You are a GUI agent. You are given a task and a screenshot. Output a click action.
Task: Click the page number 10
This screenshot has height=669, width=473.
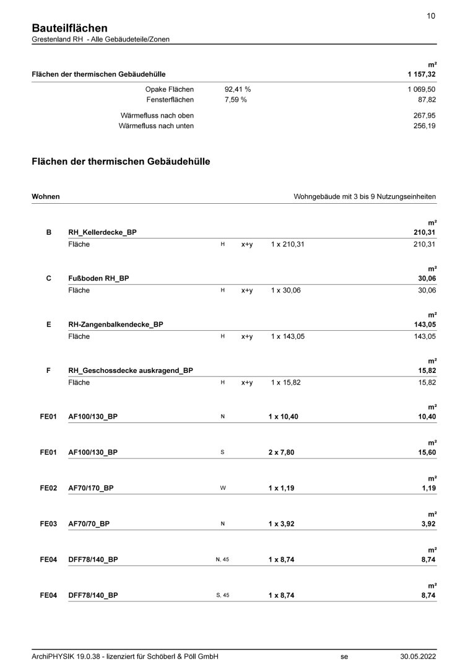tap(431, 17)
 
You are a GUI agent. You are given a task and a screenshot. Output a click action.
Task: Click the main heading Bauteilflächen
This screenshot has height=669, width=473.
tap(69, 28)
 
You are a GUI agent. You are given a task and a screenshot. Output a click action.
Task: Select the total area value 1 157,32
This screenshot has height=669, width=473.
tap(422, 74)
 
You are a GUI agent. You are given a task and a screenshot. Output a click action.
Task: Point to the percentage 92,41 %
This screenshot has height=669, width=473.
tap(238, 89)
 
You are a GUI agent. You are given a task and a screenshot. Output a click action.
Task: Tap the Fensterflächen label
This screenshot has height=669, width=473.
tap(170, 99)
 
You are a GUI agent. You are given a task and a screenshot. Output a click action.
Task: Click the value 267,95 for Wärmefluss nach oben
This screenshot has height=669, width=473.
tap(425, 115)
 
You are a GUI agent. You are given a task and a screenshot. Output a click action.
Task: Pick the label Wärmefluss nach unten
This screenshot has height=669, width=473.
tap(156, 126)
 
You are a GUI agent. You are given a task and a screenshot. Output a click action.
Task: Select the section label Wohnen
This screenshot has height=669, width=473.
tap(46, 196)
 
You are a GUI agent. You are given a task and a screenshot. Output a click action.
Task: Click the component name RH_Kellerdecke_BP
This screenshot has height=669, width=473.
tap(102, 232)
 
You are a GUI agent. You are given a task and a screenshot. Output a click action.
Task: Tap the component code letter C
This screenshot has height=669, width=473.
tap(49, 279)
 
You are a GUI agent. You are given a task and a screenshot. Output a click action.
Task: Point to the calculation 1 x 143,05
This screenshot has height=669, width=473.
tap(287, 336)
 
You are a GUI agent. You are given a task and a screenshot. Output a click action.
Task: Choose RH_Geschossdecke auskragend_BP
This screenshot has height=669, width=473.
tap(131, 370)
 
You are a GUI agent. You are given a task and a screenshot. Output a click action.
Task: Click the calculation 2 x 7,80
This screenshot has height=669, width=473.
tap(282, 452)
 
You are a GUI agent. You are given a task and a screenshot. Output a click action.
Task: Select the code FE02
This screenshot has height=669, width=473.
tap(49, 488)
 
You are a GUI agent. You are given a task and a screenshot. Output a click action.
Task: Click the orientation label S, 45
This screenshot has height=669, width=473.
tap(223, 595)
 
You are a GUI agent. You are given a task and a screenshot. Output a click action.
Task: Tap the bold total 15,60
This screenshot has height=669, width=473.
tap(427, 452)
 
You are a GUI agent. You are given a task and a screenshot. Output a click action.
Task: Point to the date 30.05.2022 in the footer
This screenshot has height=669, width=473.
tap(418, 657)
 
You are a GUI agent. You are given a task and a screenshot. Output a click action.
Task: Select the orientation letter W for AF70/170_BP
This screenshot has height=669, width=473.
tap(223, 488)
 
